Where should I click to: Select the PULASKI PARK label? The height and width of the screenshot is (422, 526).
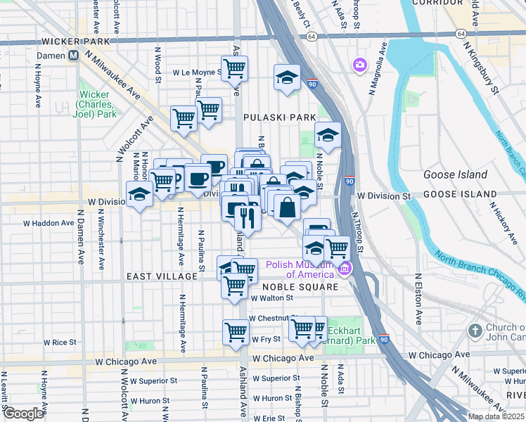coord(270,117)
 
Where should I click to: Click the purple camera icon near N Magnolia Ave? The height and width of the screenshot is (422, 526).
coord(360,65)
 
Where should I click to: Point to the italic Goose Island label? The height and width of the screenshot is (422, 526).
coord(455,174)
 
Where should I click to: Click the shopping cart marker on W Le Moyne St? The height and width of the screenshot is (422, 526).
coord(234,68)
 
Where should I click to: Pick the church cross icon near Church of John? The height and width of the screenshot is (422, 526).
coord(476,331)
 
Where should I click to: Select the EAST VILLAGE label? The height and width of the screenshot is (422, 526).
coord(162,276)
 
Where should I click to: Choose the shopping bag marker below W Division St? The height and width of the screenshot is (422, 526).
coord(288,207)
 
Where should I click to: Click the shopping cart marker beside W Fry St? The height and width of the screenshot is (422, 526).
coord(236,331)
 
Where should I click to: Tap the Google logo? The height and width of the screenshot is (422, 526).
coord(23,414)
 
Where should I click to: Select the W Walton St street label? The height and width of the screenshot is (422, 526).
coord(271,298)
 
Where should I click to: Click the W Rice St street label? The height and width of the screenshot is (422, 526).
coord(60,343)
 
